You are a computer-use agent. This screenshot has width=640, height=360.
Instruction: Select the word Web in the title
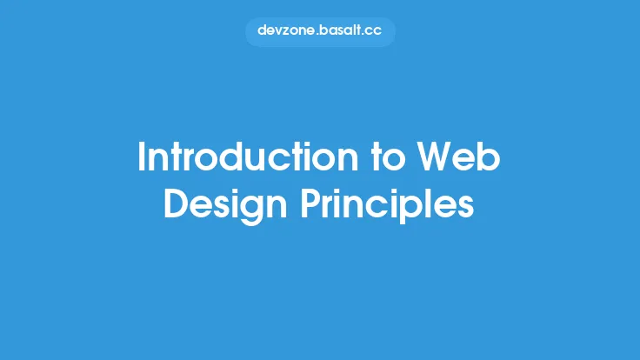click(457, 158)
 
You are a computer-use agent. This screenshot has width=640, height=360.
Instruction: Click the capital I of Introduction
click(142, 158)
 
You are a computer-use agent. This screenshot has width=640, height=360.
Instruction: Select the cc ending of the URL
click(374, 30)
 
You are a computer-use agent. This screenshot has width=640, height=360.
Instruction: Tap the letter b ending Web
click(490, 158)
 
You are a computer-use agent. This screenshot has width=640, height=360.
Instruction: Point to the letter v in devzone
click(278, 30)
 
